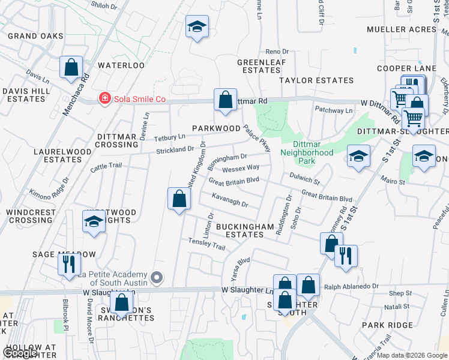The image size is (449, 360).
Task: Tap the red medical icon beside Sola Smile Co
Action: (x=104, y=98)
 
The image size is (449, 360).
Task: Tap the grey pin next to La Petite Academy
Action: (x=157, y=277)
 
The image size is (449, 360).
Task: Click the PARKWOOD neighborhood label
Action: (x=216, y=128)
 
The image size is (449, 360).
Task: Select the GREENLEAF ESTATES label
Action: (x=259, y=66)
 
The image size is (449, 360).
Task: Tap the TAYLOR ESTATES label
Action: (x=316, y=80)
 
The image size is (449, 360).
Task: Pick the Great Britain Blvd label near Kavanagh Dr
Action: (x=234, y=180)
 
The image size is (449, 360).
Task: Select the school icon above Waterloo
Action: (x=197, y=26)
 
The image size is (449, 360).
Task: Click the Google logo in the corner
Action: (x=20, y=352)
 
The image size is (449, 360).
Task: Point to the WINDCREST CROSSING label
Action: (x=31, y=216)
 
